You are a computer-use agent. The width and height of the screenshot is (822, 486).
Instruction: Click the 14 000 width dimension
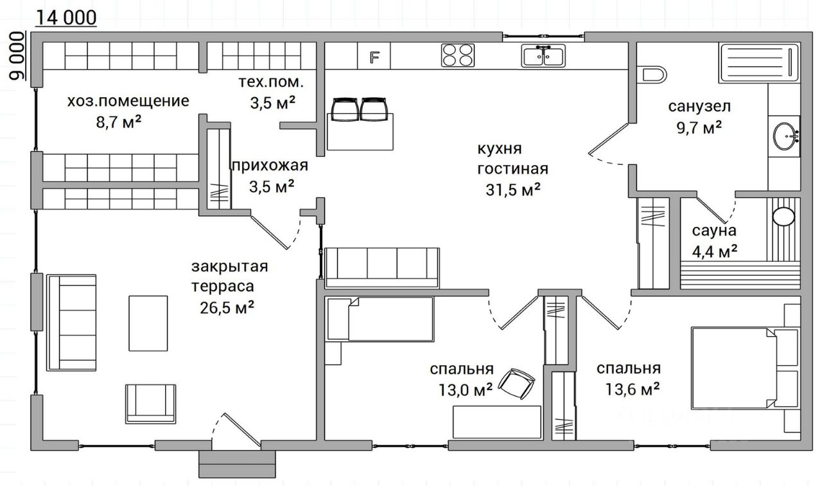(x=66, y=17)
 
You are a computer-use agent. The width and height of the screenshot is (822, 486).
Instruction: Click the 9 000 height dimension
(x=17, y=56)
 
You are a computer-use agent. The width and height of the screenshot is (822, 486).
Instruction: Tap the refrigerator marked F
(x=374, y=56)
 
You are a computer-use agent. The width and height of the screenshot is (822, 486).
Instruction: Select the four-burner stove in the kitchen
(x=458, y=55)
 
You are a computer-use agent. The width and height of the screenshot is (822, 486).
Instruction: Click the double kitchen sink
(x=543, y=56)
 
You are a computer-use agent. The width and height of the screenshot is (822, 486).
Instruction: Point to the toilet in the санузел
(x=652, y=74)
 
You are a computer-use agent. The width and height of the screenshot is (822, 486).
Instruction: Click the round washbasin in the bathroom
(x=785, y=136)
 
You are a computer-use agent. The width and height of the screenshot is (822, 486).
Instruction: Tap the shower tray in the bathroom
(x=759, y=63)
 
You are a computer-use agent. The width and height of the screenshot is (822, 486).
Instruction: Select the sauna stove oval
(x=784, y=217)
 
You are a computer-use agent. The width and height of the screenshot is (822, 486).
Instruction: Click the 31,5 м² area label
(x=513, y=190)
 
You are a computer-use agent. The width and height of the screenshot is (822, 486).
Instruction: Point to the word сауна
(x=714, y=231)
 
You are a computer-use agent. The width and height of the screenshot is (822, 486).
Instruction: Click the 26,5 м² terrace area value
(x=227, y=307)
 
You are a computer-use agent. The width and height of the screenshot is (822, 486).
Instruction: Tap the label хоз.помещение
(x=128, y=101)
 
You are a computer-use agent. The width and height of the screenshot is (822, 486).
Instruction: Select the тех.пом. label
(x=271, y=82)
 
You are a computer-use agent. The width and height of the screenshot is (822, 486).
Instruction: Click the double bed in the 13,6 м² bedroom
(x=745, y=368)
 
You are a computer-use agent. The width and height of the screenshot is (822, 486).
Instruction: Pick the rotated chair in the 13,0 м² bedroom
(x=515, y=384)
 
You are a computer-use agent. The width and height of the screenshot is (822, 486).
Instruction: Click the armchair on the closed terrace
(x=150, y=404)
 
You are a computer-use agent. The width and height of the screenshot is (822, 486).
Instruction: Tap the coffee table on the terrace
(x=148, y=323)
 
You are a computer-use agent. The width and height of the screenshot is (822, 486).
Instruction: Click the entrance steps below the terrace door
(x=237, y=464)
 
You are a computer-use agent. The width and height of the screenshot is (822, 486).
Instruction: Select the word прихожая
(x=270, y=166)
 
